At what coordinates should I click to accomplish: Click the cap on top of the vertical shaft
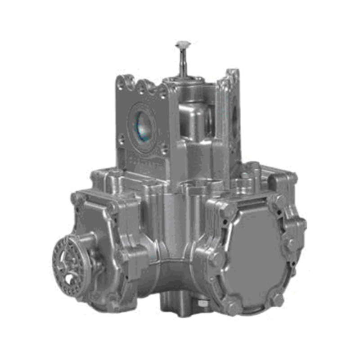coord(183,44)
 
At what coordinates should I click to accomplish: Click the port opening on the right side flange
coord(234,115)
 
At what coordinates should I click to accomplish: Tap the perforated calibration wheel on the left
coord(66,261)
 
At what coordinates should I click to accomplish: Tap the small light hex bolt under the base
coord(202,303)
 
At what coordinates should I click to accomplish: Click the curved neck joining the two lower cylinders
coord(173,274)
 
